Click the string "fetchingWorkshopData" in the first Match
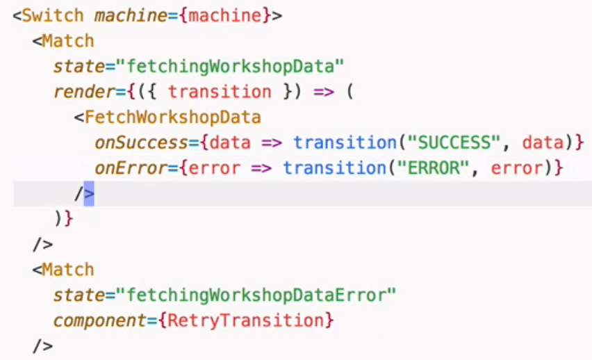pos(230,66)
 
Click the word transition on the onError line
pos(334,167)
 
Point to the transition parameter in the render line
pos(220,91)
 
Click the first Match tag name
pos(67,40)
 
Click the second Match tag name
pos(67,270)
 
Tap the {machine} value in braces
pos(225,15)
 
